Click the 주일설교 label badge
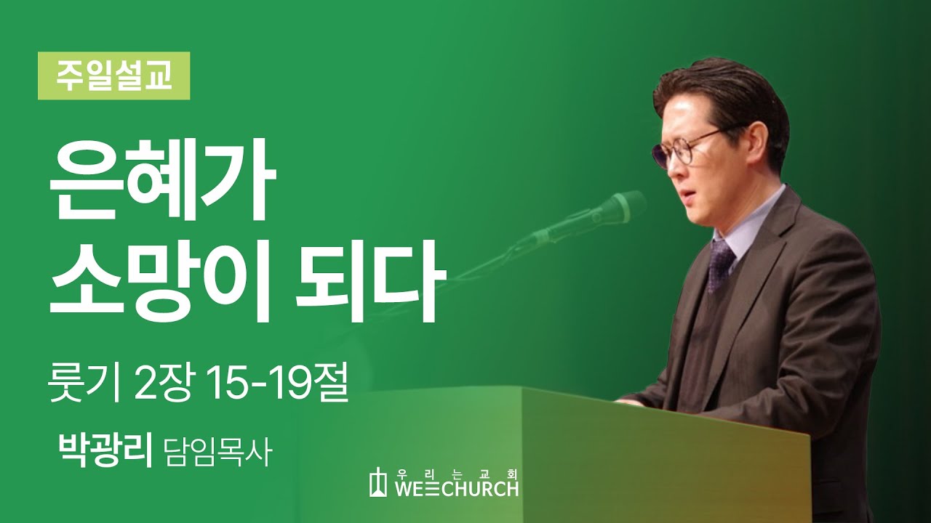click(x=114, y=76)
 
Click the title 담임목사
click(x=217, y=452)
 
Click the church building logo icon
click(x=377, y=482)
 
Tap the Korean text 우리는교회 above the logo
click(x=457, y=473)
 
